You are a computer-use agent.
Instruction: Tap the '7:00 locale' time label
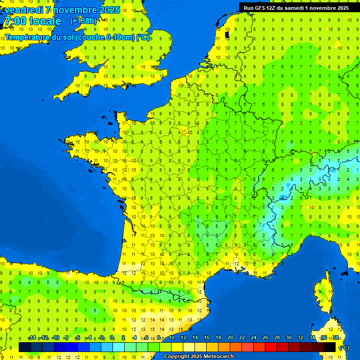32,21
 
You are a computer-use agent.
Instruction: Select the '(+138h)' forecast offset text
83,21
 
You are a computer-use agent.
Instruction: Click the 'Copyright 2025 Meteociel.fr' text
199,356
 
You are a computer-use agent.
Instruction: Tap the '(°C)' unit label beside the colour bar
344,347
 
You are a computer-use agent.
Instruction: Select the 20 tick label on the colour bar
230,337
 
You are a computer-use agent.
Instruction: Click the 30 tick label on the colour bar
289,337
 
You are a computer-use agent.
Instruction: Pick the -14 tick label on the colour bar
32,337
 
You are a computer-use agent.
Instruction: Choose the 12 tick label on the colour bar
183,337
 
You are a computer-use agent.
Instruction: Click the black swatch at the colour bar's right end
330,347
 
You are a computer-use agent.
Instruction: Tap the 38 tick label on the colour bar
336,337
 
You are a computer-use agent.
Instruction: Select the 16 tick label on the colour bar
207,337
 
